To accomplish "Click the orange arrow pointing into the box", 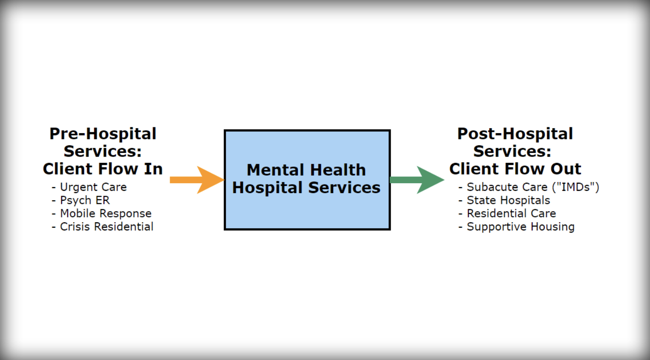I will [x=197, y=180].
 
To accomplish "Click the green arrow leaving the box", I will [x=417, y=180].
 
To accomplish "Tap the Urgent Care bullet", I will [x=93, y=187].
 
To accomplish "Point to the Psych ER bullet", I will [x=85, y=200].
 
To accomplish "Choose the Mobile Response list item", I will [x=105, y=213].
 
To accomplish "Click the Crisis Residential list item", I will [x=106, y=226].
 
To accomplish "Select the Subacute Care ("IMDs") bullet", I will [x=533, y=187].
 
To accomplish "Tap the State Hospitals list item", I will [x=508, y=200].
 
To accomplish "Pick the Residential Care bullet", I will [x=511, y=213].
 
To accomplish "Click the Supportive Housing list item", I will [x=520, y=226].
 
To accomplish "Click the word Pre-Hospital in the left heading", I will [x=103, y=134].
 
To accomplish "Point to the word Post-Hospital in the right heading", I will [x=515, y=134].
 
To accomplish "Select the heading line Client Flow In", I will [x=103, y=169].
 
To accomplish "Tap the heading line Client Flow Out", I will [x=515, y=169].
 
